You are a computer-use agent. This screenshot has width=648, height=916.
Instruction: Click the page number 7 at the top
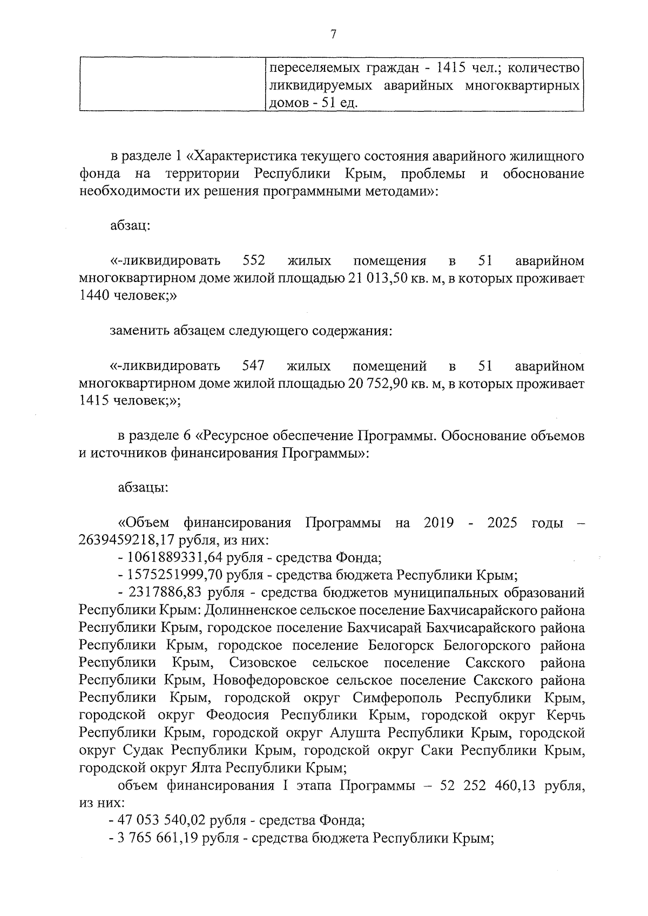(333, 35)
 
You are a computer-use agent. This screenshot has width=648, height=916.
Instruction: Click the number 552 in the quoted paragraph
(254, 261)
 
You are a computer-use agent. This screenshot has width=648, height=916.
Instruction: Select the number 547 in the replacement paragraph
(253, 366)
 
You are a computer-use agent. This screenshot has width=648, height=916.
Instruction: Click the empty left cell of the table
(172, 84)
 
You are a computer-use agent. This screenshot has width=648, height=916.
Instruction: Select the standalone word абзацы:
(143, 488)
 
